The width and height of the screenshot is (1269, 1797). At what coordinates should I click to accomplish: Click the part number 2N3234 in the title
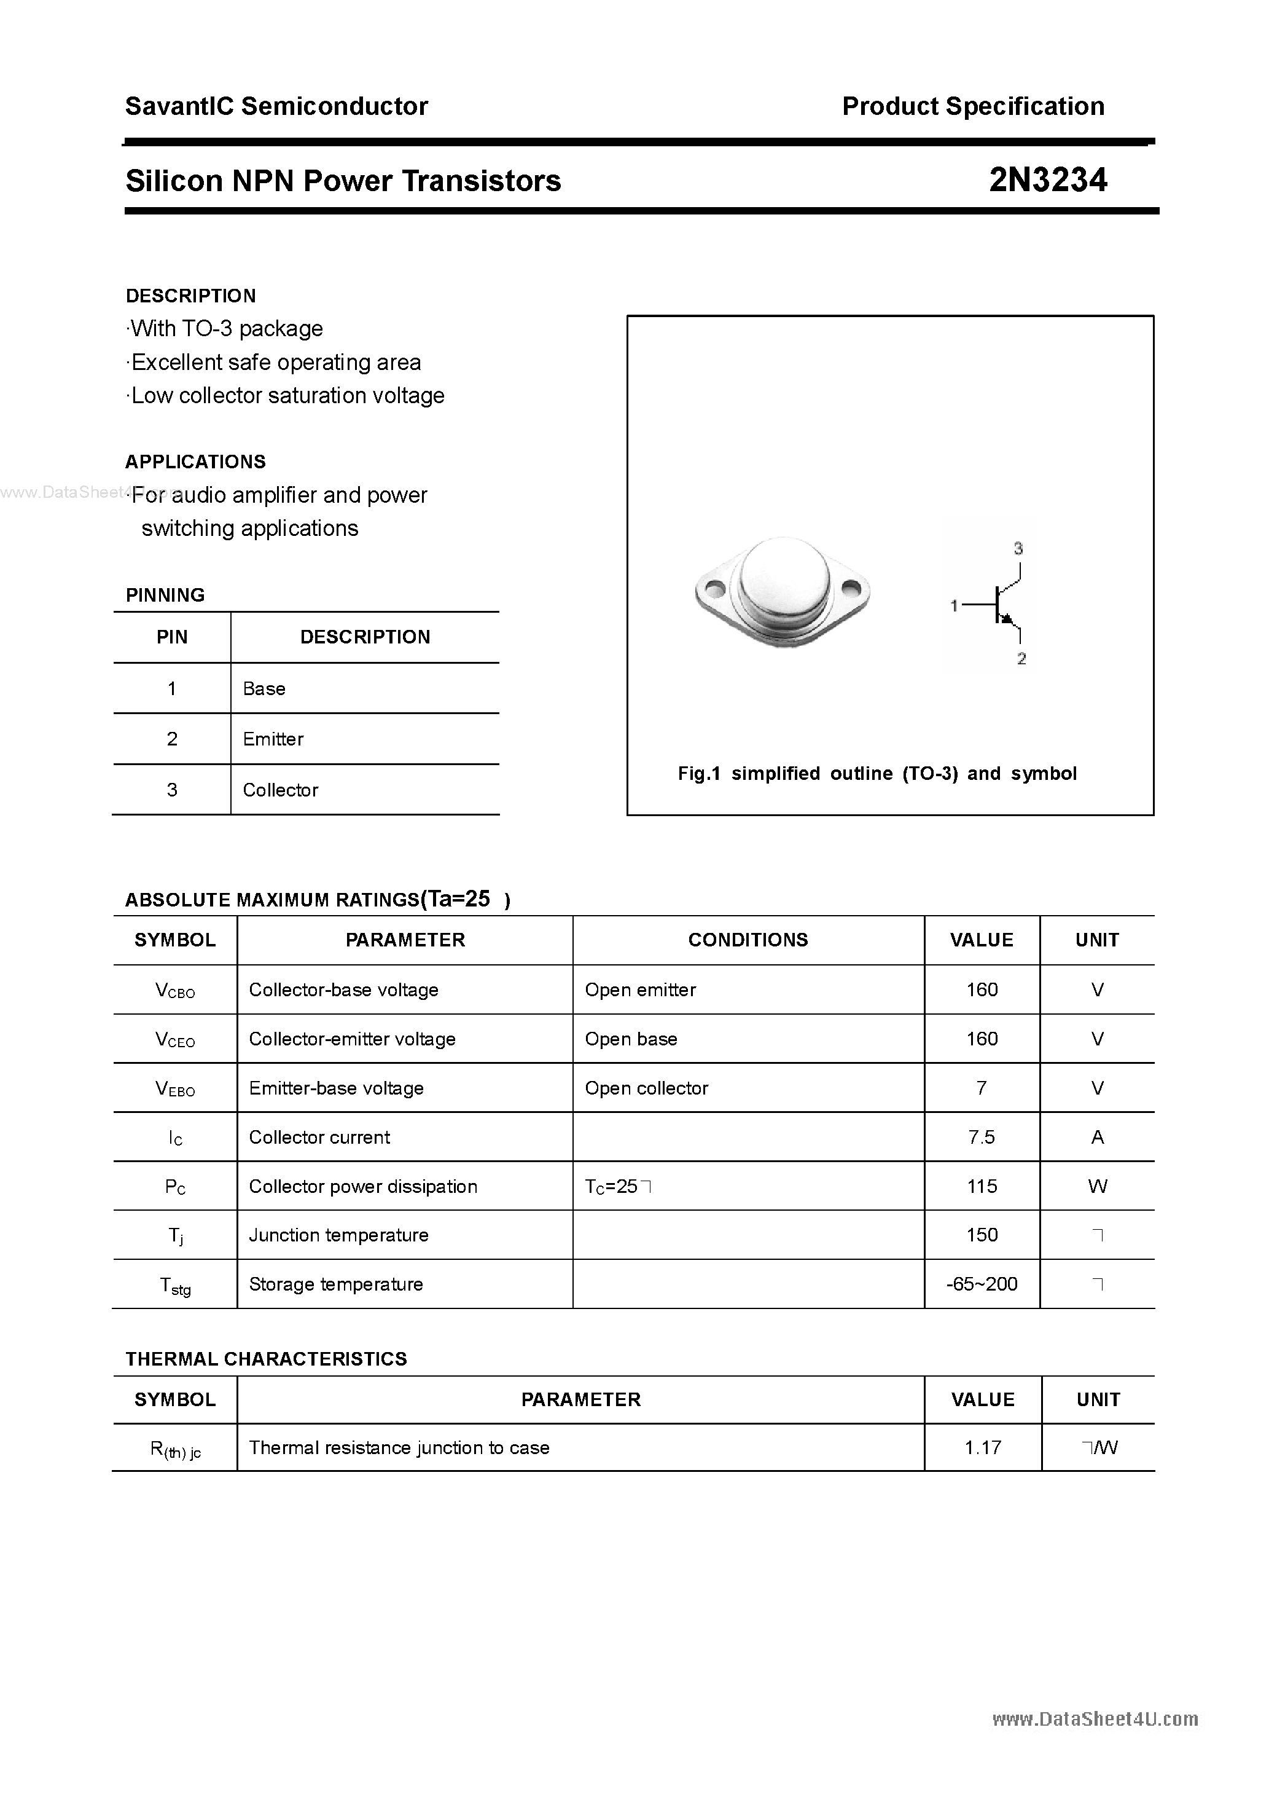click(x=1048, y=181)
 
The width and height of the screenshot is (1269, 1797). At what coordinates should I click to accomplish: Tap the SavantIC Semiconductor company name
click(x=276, y=106)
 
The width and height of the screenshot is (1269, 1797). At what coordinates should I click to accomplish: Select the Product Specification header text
click(x=972, y=106)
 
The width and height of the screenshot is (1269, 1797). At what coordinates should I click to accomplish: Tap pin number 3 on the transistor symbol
click(x=1018, y=549)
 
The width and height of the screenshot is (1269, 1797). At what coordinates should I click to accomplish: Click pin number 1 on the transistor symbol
click(x=954, y=605)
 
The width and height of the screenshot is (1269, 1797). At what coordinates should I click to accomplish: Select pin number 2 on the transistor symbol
click(x=1021, y=659)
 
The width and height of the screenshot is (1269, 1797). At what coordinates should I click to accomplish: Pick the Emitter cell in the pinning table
click(x=273, y=739)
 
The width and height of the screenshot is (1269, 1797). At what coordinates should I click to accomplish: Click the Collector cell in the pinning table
click(x=280, y=790)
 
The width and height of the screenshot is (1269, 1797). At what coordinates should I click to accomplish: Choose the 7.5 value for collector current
click(x=981, y=1137)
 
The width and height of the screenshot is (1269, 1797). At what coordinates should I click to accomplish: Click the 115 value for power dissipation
click(x=981, y=1187)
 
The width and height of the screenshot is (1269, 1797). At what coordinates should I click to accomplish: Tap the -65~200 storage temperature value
click(x=981, y=1284)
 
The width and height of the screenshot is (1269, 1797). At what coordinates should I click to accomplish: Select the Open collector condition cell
click(x=646, y=1088)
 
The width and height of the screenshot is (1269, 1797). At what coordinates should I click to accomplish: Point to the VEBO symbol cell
click(x=175, y=1088)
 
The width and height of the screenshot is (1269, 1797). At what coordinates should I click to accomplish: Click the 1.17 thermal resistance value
click(x=983, y=1448)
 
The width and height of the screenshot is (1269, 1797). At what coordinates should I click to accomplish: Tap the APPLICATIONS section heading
click(x=195, y=462)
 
